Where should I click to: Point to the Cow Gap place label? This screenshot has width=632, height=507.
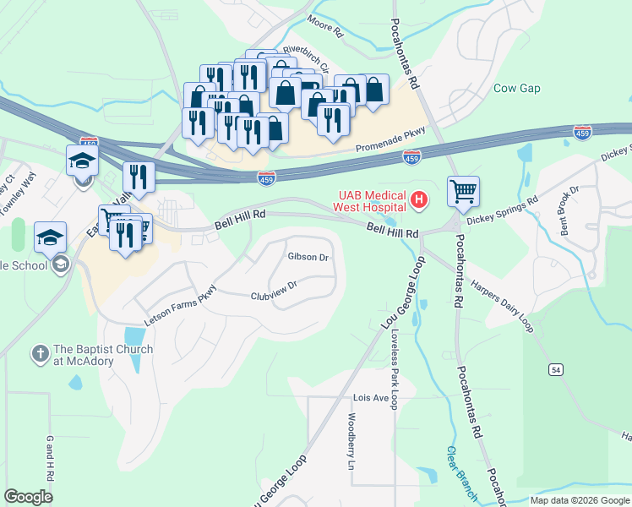(516, 88)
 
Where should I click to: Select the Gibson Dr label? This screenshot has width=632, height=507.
(308, 256)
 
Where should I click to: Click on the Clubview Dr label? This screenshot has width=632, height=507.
(273, 296)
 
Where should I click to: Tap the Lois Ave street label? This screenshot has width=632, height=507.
(369, 397)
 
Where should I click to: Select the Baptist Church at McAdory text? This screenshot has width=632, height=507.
(103, 355)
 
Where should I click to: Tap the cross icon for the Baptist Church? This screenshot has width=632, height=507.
(40, 352)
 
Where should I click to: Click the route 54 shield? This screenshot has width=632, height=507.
(555, 369)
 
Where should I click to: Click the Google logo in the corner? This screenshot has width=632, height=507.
(29, 496)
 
